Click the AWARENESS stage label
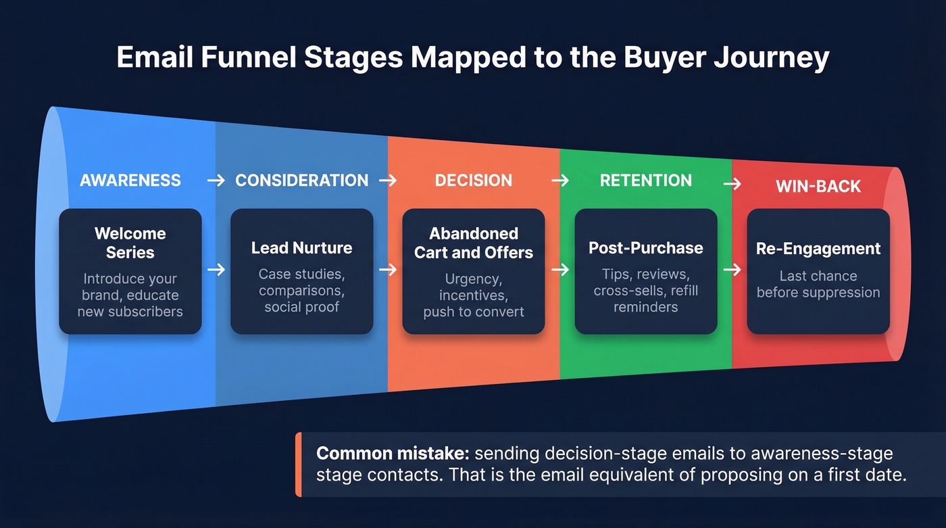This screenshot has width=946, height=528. click(x=130, y=181)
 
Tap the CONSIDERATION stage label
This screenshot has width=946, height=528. click(x=302, y=181)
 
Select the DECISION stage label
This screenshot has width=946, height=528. click(x=473, y=181)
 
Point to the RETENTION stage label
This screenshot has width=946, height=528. click(x=646, y=181)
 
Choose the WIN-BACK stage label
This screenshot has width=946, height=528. click(x=818, y=187)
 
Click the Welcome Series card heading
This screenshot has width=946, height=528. click(x=130, y=243)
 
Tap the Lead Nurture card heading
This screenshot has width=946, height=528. click(x=302, y=248)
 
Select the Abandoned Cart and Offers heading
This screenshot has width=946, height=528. click(x=473, y=243)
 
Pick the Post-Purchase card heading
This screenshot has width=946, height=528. click(x=646, y=248)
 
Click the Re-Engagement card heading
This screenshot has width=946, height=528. click(x=818, y=249)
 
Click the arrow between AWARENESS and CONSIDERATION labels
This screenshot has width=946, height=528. click(x=216, y=181)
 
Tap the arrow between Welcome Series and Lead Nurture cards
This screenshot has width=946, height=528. click(x=216, y=270)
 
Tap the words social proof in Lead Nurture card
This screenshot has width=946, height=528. click(x=302, y=308)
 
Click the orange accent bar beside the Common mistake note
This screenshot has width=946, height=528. click(x=298, y=464)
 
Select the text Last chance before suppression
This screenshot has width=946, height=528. click(x=818, y=284)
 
